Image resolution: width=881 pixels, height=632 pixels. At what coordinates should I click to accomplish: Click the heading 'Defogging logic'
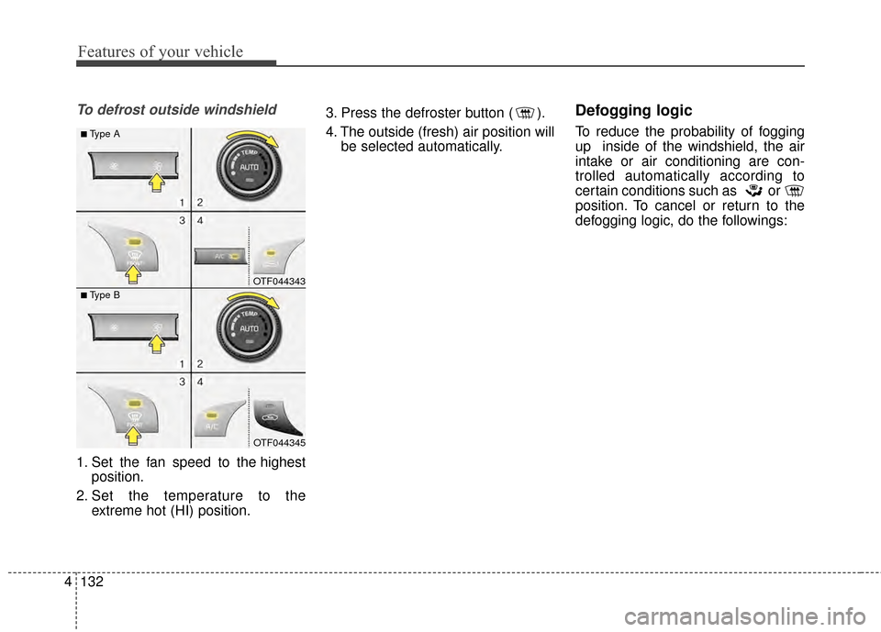click(632, 111)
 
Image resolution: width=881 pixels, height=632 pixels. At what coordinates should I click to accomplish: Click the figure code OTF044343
click(279, 281)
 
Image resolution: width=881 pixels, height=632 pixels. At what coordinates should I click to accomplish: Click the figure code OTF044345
click(279, 442)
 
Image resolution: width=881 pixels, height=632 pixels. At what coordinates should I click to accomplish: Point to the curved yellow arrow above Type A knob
click(260, 138)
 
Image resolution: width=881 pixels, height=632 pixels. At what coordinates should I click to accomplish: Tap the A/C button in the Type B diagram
click(212, 425)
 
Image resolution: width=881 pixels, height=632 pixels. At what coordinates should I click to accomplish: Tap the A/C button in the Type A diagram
click(223, 257)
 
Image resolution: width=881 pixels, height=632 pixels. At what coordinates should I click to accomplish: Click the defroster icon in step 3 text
click(527, 114)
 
